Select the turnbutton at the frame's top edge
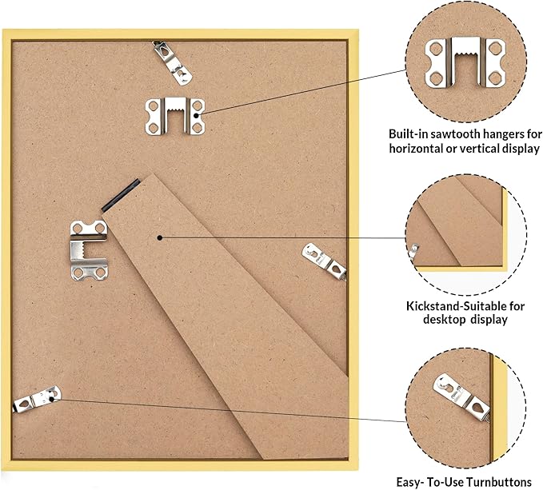pyautogui.click(x=172, y=63)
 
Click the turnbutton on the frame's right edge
pyautogui.click(x=324, y=261)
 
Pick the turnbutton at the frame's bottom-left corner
pyautogui.click(x=37, y=399)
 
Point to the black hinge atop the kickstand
pyautogui.click(x=121, y=195)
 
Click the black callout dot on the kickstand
pyautogui.click(x=160, y=237)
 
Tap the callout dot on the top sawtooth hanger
pyautogui.click(x=196, y=116)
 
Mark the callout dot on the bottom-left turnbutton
pyautogui.click(x=52, y=400)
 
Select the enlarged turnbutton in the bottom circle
pyautogui.click(x=461, y=397)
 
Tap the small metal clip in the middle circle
pyautogui.click(x=413, y=250)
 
